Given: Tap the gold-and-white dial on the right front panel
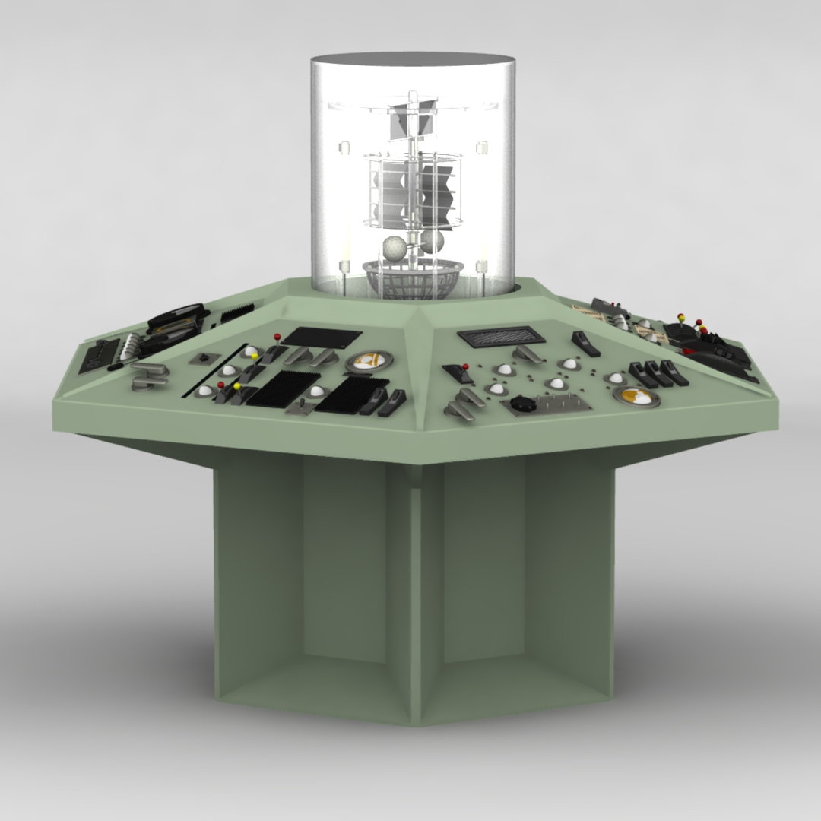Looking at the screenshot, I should coord(636,395).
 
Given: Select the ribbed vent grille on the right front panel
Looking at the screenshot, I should coord(502,336).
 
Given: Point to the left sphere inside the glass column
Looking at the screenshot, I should coord(395,249).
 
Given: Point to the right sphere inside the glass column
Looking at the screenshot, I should coord(433,242).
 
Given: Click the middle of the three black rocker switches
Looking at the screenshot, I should coord(656,373).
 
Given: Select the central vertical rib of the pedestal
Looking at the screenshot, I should coord(415,601).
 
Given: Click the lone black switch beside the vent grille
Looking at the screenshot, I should coord(585,344).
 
